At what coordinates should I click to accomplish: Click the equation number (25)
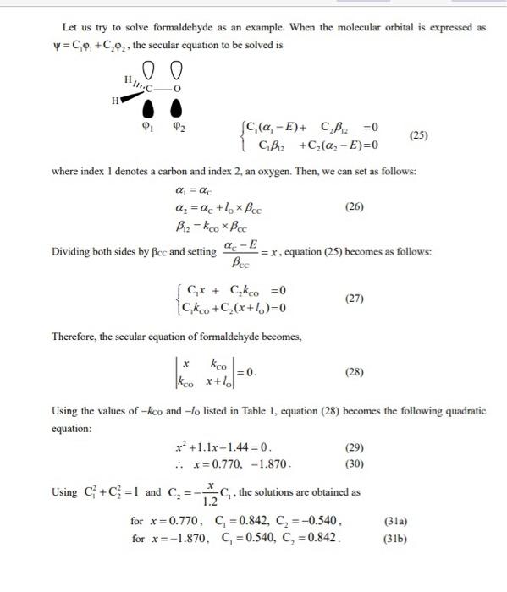pyautogui.click(x=417, y=134)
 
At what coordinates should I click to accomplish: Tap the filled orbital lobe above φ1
pyautogui.click(x=149, y=109)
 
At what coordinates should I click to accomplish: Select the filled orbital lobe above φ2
pyautogui.click(x=177, y=109)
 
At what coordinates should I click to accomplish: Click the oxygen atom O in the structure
pyautogui.click(x=178, y=87)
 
